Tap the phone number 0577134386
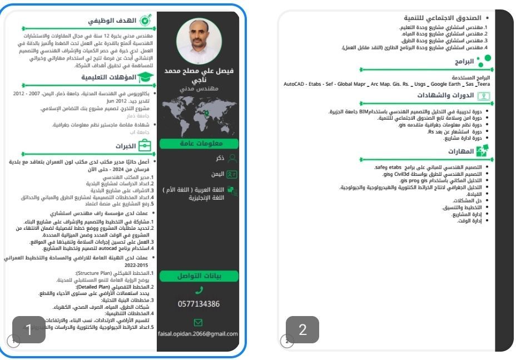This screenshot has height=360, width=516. pos(199,304)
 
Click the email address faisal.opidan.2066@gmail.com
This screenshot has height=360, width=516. pos(199,334)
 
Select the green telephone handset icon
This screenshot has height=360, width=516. pos(199,290)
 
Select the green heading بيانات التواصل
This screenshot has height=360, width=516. pos(199,275)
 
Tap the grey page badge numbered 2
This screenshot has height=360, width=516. pos(302,329)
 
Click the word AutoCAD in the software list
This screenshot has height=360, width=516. pos(295,83)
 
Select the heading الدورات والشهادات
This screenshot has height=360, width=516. pos(450,95)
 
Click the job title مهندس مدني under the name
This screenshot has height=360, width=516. pos(199,88)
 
